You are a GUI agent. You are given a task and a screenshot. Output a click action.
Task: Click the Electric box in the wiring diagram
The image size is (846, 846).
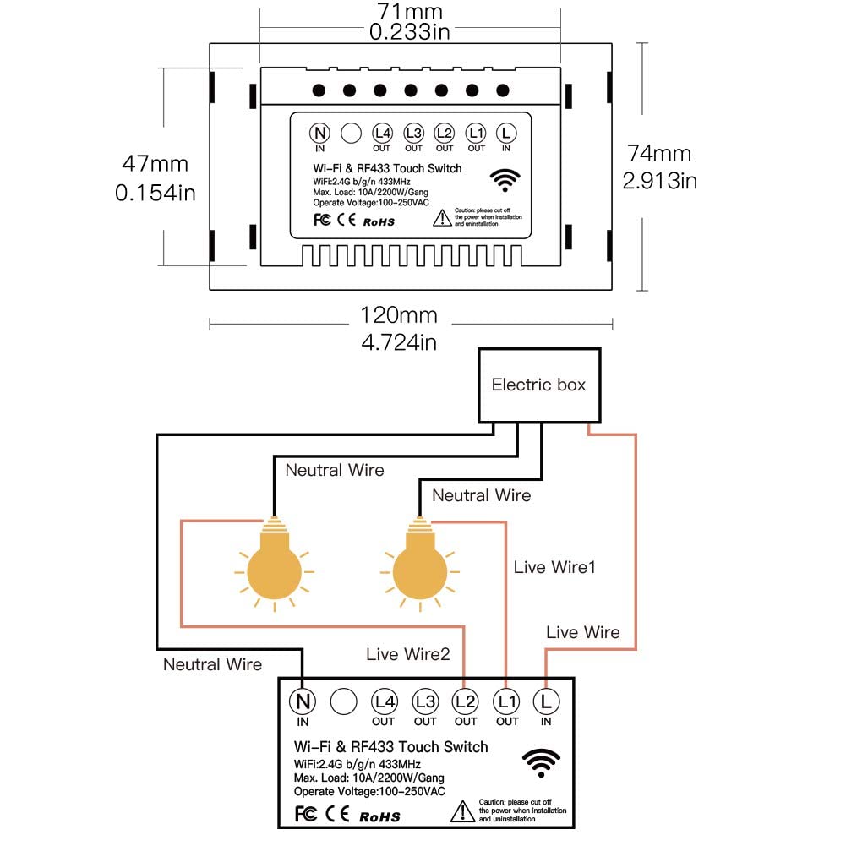[x=538, y=385]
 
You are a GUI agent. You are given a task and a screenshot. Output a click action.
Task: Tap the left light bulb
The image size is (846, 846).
[x=272, y=568]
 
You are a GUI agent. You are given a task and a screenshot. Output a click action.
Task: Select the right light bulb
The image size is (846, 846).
[x=419, y=568]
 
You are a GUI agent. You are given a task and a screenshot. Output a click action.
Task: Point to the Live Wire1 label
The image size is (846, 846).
[x=554, y=567]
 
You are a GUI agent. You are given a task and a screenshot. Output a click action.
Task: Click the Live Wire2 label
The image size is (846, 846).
[x=408, y=653]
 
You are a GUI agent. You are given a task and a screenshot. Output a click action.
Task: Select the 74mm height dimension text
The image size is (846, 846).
[x=658, y=153]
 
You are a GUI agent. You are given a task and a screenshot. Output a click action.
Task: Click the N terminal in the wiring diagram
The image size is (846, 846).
[x=302, y=701]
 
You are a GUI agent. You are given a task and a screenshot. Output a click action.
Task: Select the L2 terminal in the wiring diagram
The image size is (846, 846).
[x=466, y=701]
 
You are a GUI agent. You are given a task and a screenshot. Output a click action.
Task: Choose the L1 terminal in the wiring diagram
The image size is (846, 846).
[x=507, y=701]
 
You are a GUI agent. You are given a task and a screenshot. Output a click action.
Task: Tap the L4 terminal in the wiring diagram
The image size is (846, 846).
[x=384, y=701]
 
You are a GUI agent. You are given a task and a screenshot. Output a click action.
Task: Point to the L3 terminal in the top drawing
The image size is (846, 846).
[x=413, y=133]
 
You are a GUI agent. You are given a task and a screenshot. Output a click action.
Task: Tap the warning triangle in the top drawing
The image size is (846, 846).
[x=442, y=219]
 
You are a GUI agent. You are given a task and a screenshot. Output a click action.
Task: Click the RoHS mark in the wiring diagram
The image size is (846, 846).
[x=379, y=816]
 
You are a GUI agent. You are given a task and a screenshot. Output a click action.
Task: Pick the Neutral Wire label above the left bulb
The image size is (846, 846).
[x=334, y=470]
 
